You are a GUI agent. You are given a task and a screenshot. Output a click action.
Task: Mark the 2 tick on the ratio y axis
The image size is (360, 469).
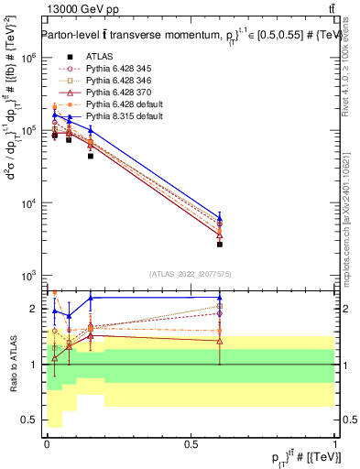[32, 309]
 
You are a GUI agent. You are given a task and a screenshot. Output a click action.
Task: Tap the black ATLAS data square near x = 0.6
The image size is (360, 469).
[220, 245]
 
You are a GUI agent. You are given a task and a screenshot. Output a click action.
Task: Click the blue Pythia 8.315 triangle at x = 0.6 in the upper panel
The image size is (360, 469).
[220, 218]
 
